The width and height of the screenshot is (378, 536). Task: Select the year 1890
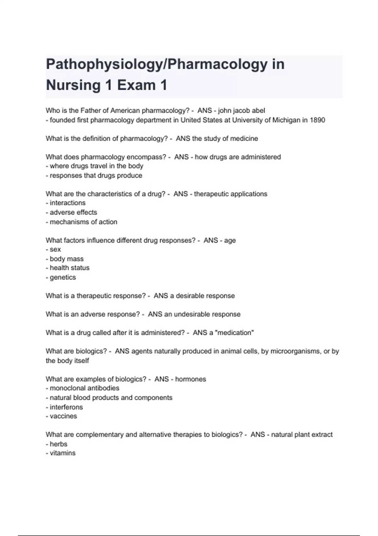coord(317,120)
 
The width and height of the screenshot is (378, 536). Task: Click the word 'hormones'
coord(190,379)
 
